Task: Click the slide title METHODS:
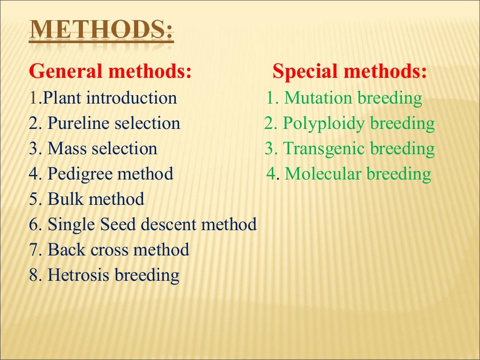tap(101, 32)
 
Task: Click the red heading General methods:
tap(110, 72)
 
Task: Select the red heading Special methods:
tap(350, 72)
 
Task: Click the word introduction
tap(131, 98)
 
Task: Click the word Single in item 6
tap(71, 225)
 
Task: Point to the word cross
tap(109, 250)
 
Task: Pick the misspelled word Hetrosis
tap(79, 276)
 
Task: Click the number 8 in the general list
tap(33, 276)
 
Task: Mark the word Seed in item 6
tap(118, 225)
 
